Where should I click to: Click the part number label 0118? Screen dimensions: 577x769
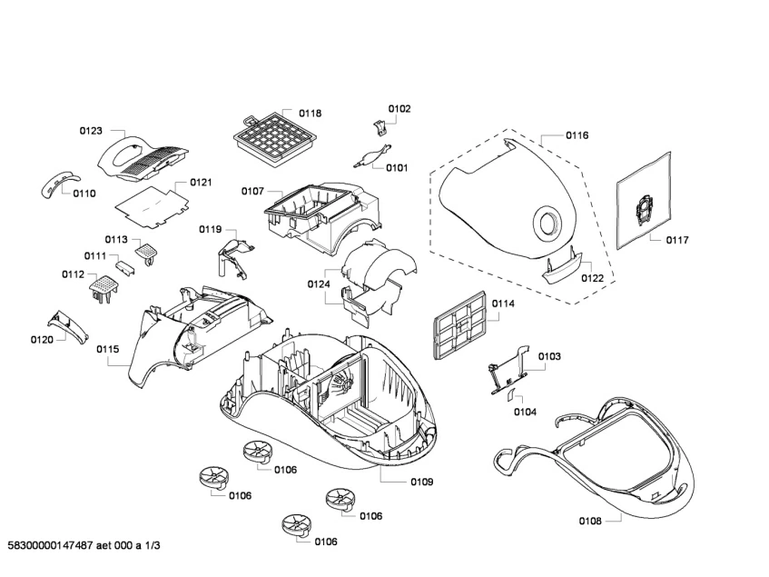310,114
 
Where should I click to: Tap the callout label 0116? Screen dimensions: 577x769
577,135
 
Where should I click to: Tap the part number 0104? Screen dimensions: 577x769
525,412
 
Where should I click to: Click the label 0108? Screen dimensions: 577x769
590,522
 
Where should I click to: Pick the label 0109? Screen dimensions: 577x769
421,482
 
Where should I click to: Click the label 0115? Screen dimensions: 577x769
107,348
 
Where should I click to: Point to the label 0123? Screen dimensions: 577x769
90,131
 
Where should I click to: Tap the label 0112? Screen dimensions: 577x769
74,274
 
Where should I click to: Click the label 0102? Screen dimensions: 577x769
399,109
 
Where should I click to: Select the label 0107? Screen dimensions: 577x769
252,191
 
